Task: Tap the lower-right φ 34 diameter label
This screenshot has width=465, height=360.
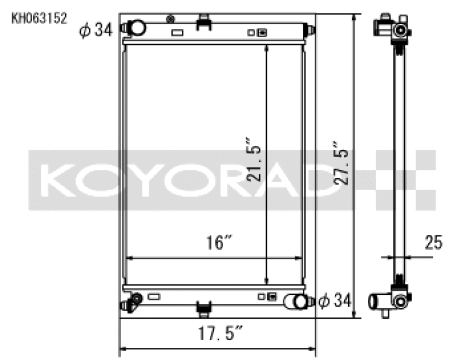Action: pos(335,301)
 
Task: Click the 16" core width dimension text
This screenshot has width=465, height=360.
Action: pos(215,243)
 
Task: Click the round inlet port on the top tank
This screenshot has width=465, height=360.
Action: pos(137,27)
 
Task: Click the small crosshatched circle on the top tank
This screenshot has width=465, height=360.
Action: pos(170,19)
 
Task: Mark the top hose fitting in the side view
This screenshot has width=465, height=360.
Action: pos(395,28)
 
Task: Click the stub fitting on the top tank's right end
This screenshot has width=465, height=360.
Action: pos(309,28)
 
